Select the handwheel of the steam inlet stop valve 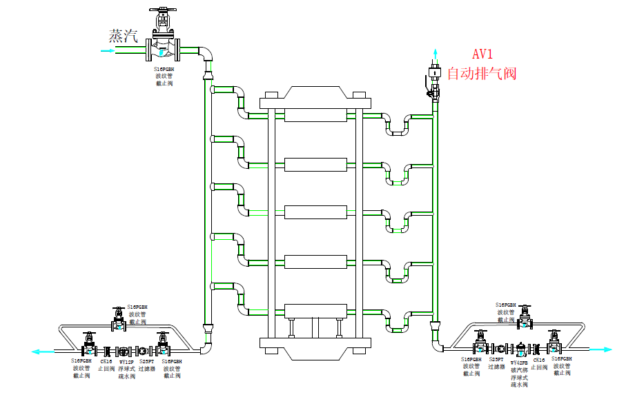click(162, 12)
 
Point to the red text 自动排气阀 click(482, 73)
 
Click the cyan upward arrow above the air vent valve click(435, 54)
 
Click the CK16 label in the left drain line click(106, 361)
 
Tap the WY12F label click(127, 361)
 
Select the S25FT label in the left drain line click(146, 361)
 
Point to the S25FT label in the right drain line click(496, 360)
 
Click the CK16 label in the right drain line click(539, 360)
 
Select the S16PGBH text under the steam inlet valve click(164, 69)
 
